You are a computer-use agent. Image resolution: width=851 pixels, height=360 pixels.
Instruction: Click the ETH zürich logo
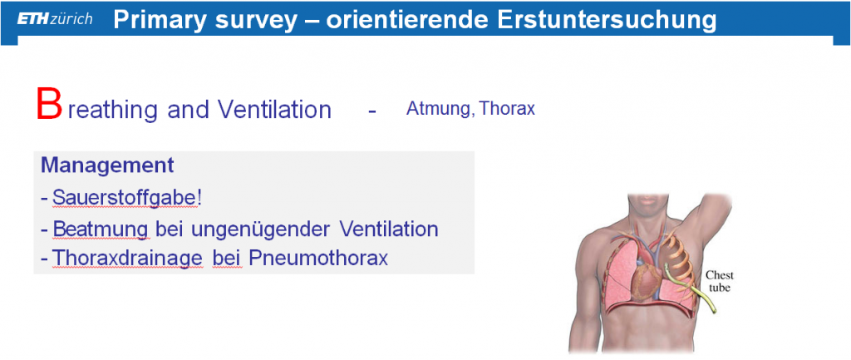pyautogui.click(x=55, y=20)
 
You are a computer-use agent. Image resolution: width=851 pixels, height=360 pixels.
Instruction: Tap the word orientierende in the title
pyautogui.click(x=407, y=20)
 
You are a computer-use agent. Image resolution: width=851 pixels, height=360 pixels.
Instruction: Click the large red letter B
pyautogui.click(x=49, y=105)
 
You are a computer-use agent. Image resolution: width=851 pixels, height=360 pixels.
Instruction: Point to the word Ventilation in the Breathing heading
pyautogui.click(x=274, y=110)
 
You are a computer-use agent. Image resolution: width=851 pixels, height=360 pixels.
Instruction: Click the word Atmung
pyautogui.click(x=438, y=109)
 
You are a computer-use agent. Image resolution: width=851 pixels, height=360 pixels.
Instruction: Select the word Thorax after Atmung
pyautogui.click(x=508, y=109)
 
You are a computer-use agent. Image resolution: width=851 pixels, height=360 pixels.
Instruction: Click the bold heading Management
pyautogui.click(x=107, y=165)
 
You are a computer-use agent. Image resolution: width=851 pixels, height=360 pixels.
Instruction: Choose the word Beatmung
pyautogui.click(x=101, y=229)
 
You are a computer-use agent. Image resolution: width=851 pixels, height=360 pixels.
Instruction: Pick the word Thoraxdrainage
pyautogui.click(x=127, y=258)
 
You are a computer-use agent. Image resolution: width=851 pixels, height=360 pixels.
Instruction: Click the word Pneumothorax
pyautogui.click(x=318, y=258)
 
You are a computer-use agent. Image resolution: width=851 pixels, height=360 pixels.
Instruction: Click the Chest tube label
pyautogui.click(x=720, y=281)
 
